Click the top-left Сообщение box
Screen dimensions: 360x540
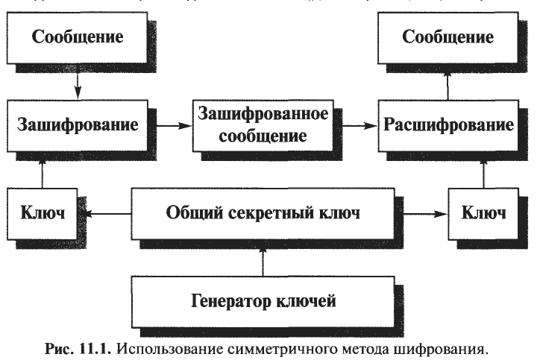77,37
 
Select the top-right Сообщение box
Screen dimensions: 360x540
448,37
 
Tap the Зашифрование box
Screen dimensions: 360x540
77,124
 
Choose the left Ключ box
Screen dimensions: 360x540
43,214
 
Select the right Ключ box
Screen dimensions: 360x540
483,214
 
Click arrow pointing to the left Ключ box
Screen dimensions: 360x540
107,215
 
